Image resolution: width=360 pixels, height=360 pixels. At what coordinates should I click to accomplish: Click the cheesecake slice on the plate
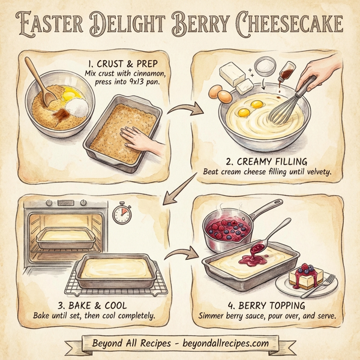[x=306, y=275]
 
